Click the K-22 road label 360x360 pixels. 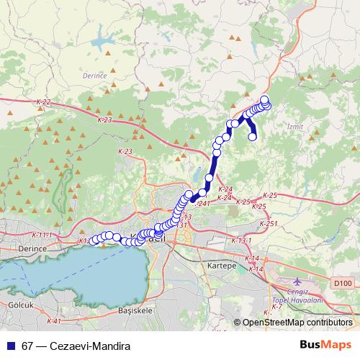tap(43, 103)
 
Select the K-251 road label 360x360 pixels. tap(268, 224)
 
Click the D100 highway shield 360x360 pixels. tap(343, 284)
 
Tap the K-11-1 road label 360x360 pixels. tap(43, 235)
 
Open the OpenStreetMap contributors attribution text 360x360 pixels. tap(297, 323)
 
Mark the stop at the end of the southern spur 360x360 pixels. tap(253, 136)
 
